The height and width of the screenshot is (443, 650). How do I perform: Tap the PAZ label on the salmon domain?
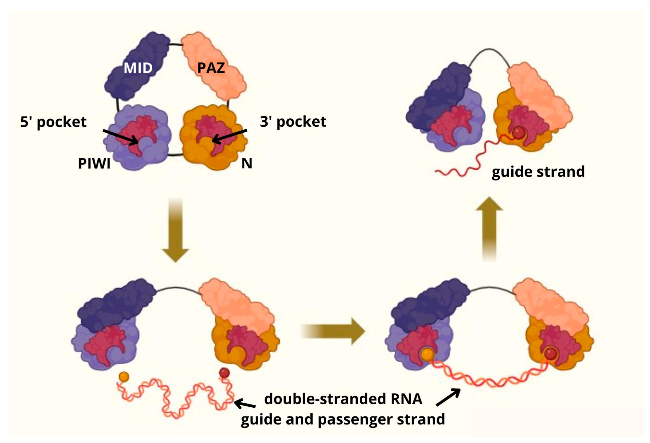tap(211, 68)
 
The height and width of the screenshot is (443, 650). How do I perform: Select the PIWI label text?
tap(94, 164)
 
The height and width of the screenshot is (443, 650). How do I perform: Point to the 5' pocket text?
tap(53, 122)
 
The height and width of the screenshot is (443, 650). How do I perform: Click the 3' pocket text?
tap(293, 122)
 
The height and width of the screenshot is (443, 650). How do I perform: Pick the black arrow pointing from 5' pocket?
tap(120, 137)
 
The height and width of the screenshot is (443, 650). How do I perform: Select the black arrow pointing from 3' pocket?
tap(229, 136)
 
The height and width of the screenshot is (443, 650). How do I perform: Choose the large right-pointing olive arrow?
tap(333, 331)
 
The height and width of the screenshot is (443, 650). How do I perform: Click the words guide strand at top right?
tap(538, 171)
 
